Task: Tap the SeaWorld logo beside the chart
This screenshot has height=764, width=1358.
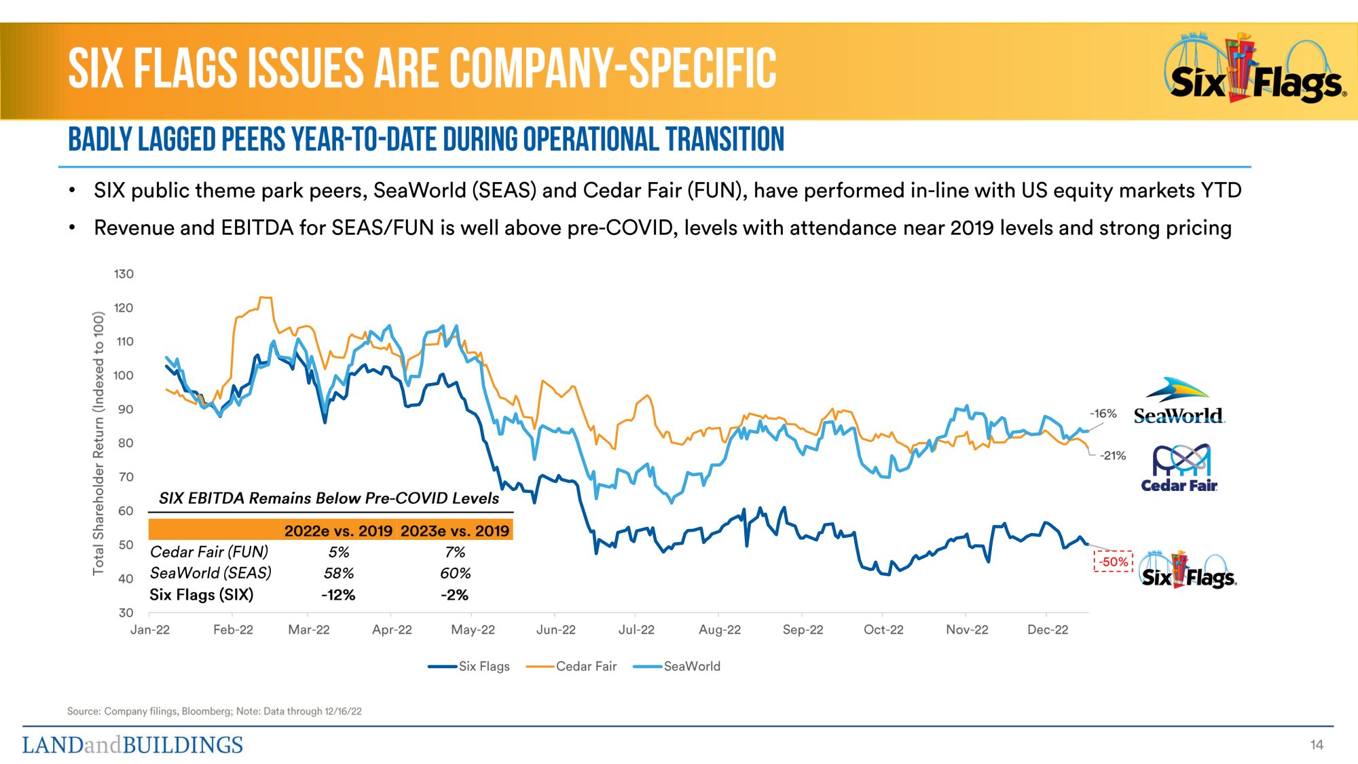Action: point(1178,402)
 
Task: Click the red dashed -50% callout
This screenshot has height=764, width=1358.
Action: point(1114,562)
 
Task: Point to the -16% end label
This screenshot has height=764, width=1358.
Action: point(1103,414)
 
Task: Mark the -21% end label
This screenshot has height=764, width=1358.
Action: point(1113,456)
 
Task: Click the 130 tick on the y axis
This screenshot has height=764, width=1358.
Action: point(124,274)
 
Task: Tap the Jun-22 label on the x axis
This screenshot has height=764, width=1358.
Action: point(555,630)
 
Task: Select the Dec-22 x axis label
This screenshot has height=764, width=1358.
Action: point(1047,630)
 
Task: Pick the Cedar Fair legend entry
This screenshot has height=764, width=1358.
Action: point(572,667)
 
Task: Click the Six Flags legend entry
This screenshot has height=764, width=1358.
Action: point(469,667)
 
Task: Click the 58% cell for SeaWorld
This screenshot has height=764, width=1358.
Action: point(339,573)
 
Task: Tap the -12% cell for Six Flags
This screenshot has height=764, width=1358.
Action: point(338,595)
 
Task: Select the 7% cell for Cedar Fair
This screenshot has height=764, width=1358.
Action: point(455,552)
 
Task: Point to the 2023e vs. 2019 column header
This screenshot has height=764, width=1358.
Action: point(455,531)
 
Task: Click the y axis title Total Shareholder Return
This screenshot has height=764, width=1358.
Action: point(99,443)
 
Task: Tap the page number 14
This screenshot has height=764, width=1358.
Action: point(1317,745)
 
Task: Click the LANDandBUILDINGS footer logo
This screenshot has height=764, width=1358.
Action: point(132,745)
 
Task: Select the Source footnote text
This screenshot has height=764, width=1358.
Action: point(214,711)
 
